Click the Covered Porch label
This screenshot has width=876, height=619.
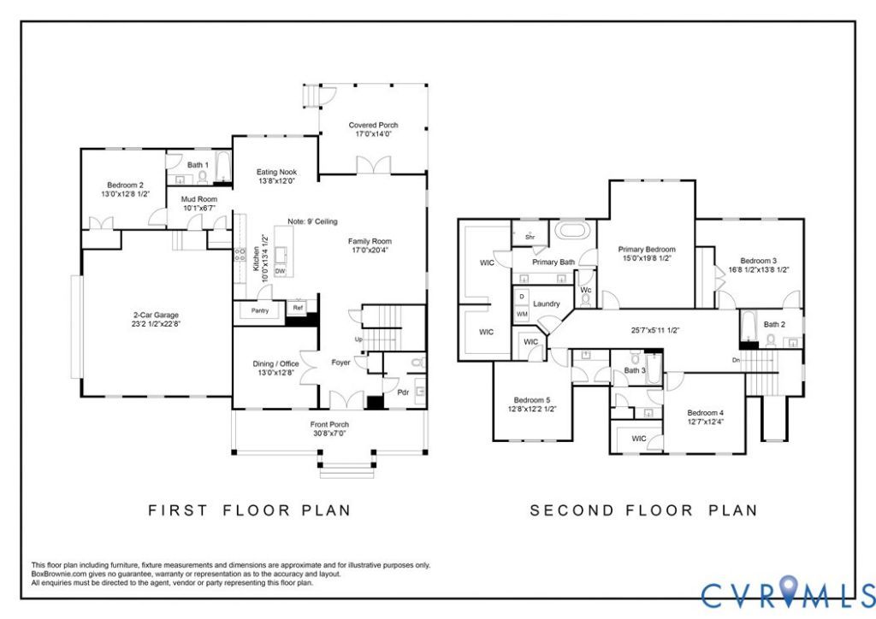373,125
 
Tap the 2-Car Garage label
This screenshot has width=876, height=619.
156,315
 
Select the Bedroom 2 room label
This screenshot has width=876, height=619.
126,185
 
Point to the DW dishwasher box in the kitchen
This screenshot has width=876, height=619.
281,271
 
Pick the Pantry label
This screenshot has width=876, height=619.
260,310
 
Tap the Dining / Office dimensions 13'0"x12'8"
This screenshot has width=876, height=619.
276,373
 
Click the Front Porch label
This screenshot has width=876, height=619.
329,424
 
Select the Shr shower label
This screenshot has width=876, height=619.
530,237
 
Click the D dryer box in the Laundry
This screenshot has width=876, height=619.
522,296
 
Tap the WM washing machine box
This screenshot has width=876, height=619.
522,315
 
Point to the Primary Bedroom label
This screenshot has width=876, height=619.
647,249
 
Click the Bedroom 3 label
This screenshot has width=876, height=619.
758,260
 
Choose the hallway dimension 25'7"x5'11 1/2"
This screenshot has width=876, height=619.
655,330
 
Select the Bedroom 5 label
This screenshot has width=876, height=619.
532,399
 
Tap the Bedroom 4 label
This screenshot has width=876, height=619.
706,412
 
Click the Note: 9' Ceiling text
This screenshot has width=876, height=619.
312,221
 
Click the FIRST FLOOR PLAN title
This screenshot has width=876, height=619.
249,510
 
